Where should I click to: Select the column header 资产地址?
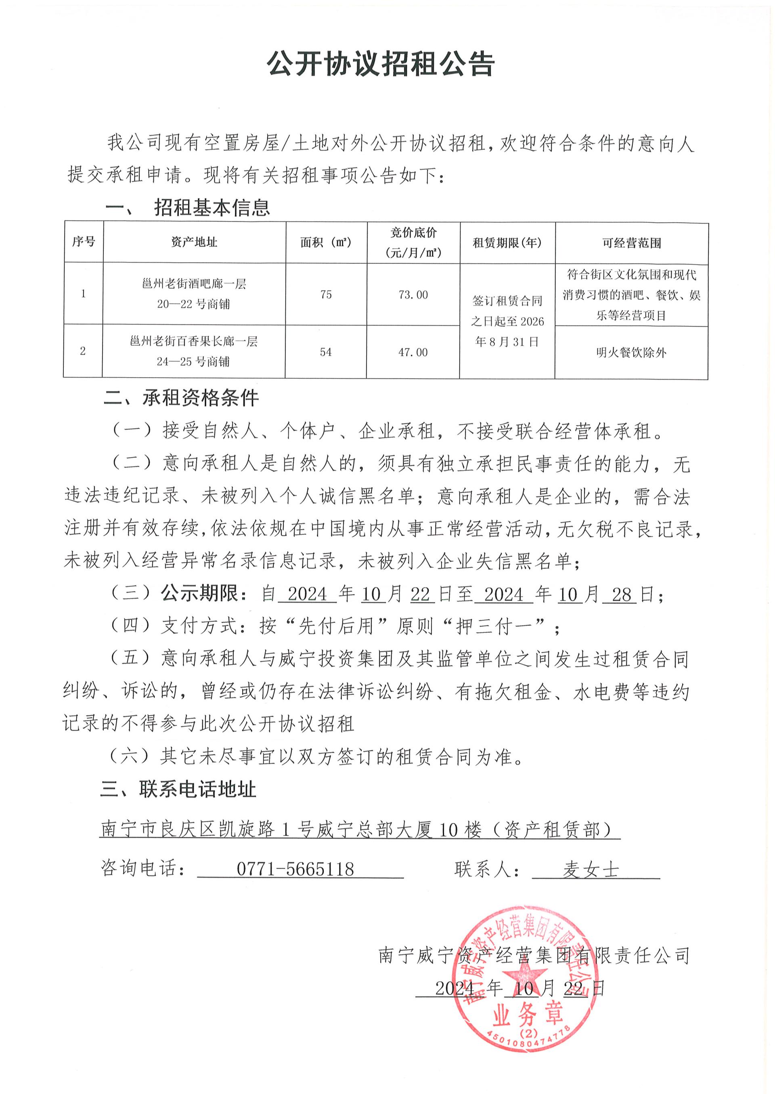[x=194, y=242]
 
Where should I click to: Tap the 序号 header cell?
[x=84, y=241]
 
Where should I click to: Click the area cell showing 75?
[x=326, y=294]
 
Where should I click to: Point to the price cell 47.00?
[x=413, y=353]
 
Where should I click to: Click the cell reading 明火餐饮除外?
[x=631, y=353]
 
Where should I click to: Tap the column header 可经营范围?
[x=631, y=243]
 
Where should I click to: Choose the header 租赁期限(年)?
[x=507, y=243]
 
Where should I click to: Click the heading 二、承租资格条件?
[x=181, y=398]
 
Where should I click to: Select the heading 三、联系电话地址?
[x=178, y=790]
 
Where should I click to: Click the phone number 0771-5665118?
[x=295, y=869]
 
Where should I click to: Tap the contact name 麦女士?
[x=590, y=870]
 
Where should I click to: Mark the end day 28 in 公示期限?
[x=621, y=595]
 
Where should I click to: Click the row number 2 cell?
[x=83, y=351]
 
